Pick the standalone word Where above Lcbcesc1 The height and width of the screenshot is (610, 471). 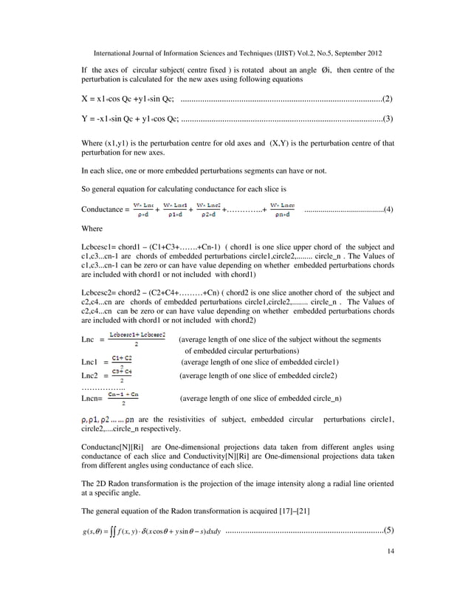92,229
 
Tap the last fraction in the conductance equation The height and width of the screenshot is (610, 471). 283,209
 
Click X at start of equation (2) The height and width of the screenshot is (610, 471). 85,98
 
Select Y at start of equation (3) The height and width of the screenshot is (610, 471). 85,119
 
